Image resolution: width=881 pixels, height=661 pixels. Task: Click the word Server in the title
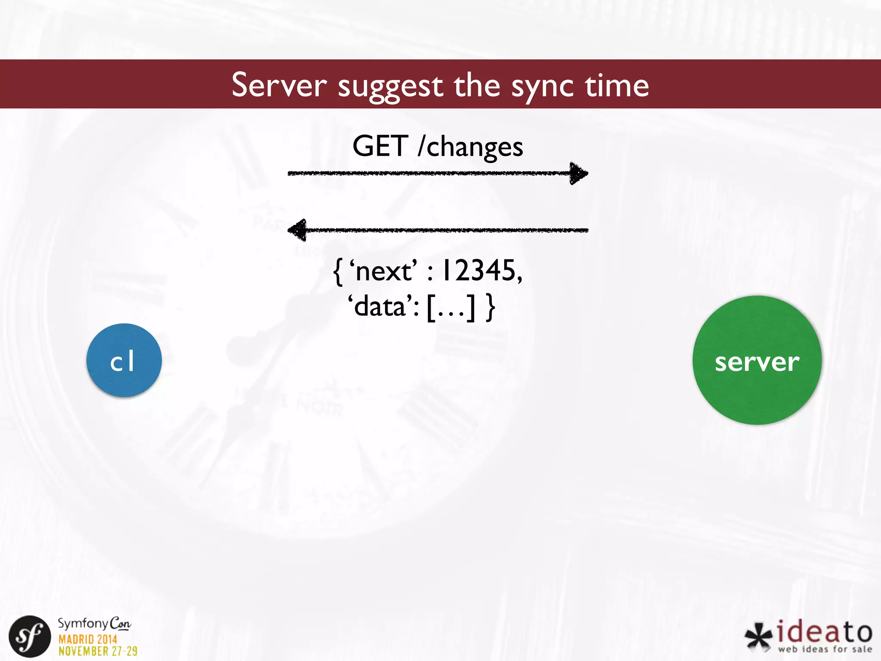(x=279, y=85)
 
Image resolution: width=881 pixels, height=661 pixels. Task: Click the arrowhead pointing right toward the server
(x=578, y=173)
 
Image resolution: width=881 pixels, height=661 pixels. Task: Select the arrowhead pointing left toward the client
(x=298, y=230)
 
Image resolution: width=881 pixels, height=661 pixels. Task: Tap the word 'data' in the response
(x=381, y=307)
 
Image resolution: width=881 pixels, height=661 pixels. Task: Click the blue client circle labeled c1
(x=124, y=361)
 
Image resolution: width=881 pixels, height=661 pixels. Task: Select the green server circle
(x=757, y=361)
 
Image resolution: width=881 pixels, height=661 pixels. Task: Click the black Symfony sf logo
(x=30, y=636)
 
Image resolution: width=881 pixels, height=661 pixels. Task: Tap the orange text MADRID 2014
(x=88, y=639)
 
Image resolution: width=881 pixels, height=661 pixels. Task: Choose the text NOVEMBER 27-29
(x=98, y=651)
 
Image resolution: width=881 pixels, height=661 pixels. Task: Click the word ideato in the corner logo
(x=824, y=632)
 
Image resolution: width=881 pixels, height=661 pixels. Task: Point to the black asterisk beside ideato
(x=758, y=636)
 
